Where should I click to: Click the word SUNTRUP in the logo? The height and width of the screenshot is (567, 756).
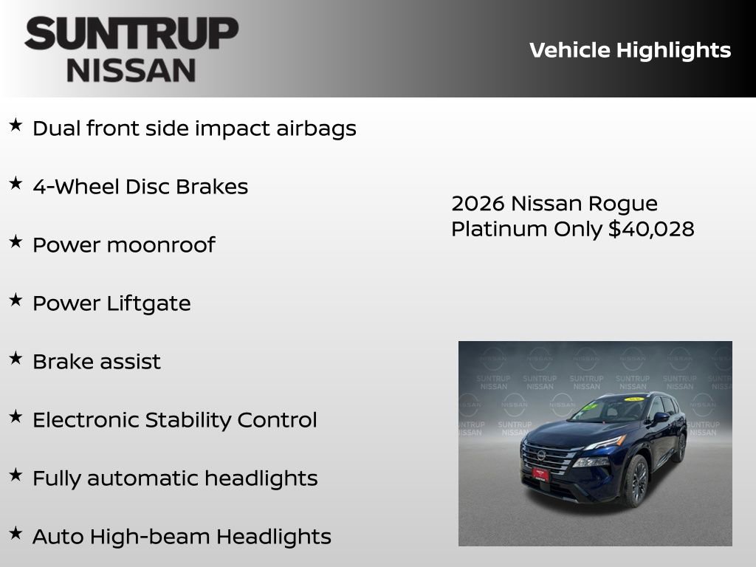[x=131, y=35]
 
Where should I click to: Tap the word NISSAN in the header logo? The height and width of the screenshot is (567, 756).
[x=131, y=70]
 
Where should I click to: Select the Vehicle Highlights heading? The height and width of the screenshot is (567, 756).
[x=630, y=50]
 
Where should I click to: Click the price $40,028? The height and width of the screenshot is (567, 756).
[x=651, y=229]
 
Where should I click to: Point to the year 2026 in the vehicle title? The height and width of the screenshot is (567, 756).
[x=477, y=203]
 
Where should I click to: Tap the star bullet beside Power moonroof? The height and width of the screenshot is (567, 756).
[x=16, y=241]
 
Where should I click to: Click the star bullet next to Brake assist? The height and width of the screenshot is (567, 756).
[x=16, y=358]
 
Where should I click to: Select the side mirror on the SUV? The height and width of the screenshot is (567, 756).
[x=660, y=418]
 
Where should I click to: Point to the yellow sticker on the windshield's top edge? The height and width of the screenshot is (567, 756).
[x=633, y=399]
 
